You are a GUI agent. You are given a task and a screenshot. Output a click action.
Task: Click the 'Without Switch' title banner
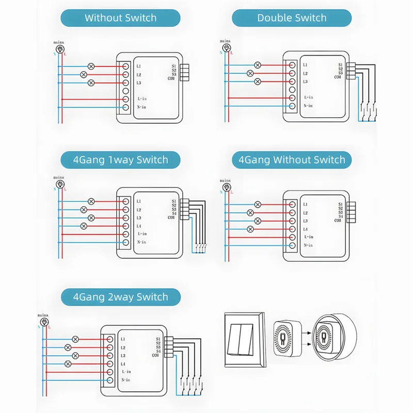[120, 18]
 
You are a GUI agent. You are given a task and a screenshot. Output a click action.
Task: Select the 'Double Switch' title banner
[292, 18]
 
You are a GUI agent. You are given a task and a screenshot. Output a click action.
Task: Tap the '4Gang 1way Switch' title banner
[120, 160]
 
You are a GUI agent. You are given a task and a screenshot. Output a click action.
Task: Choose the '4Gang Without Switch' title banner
[292, 160]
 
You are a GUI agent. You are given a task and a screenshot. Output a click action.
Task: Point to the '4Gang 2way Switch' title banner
[120, 297]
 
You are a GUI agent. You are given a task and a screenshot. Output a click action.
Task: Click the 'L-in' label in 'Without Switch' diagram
[142, 98]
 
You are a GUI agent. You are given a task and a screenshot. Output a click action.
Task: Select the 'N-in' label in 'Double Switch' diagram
[308, 106]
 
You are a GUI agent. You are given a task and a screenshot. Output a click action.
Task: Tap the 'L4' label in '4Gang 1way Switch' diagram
[139, 226]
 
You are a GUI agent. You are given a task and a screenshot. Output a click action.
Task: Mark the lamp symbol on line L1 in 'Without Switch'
[92, 66]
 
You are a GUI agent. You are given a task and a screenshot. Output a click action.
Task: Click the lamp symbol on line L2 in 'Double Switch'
[250, 73]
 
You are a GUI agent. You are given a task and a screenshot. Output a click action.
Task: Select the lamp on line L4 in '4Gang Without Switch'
[250, 229]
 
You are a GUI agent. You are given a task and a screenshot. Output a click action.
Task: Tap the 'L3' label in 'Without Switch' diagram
[139, 83]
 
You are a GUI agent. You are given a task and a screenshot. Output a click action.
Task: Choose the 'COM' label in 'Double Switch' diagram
[337, 77]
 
